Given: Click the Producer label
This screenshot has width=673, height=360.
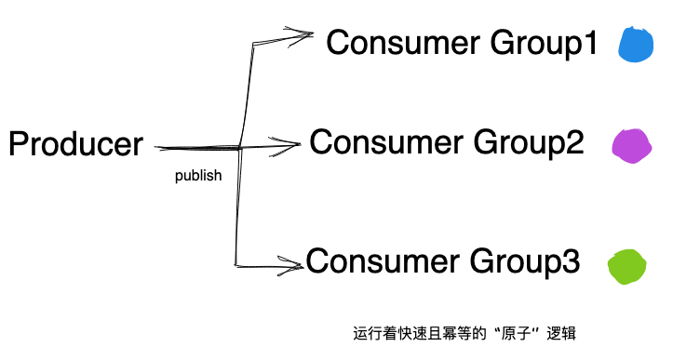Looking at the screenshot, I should tap(75, 145).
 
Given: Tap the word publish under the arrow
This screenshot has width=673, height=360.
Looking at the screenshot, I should tap(198, 175).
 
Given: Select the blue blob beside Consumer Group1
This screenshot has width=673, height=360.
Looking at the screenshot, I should tap(638, 46).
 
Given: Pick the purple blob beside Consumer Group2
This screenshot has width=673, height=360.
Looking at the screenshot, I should tap(631, 145).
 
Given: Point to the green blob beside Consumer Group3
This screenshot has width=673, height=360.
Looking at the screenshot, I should tap(626, 266).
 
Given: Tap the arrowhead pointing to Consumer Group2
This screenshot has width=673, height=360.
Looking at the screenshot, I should tap(289, 143).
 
